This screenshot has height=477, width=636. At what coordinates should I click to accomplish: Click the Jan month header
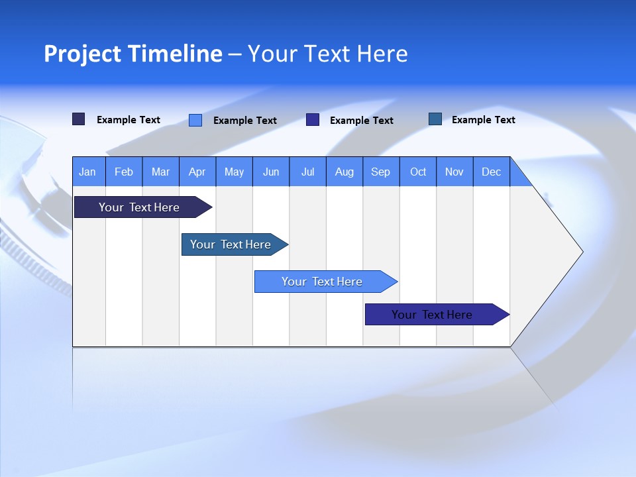(88, 172)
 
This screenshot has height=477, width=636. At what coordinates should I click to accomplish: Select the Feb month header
(124, 172)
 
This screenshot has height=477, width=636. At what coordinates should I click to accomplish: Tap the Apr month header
(197, 172)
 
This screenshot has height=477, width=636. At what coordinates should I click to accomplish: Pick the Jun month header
(271, 172)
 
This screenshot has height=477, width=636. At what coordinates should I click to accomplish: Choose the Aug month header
(344, 172)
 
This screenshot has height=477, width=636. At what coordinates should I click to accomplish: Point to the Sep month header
(381, 172)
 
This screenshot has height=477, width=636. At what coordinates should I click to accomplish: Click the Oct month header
(418, 172)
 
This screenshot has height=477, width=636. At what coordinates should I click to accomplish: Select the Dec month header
(492, 172)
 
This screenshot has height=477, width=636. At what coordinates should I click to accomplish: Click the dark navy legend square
(79, 119)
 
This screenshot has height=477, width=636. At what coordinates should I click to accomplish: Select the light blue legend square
(195, 120)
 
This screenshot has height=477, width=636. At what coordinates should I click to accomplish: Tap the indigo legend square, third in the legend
(313, 120)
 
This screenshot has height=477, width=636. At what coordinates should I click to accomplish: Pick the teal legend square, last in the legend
(435, 119)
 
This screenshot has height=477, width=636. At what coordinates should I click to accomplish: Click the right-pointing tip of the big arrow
(580, 251)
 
